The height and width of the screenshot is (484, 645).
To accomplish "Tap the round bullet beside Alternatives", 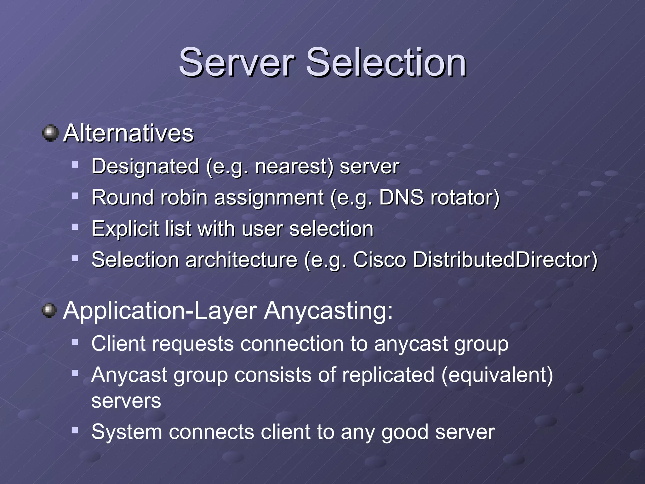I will [x=50, y=133].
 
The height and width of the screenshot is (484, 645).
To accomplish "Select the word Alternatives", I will [x=128, y=133].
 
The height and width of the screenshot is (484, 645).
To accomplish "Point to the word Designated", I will [x=145, y=166].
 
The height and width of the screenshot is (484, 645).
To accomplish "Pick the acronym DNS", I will [x=401, y=198].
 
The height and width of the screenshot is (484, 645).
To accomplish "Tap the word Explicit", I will [x=125, y=229].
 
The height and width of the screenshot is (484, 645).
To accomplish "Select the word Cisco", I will [x=379, y=260].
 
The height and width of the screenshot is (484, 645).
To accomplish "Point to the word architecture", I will [x=241, y=260].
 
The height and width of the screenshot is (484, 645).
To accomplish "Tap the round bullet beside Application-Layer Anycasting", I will [x=49, y=311].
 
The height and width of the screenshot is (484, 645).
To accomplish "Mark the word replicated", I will [x=388, y=375].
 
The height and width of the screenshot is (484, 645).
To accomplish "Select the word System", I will [x=127, y=432].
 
